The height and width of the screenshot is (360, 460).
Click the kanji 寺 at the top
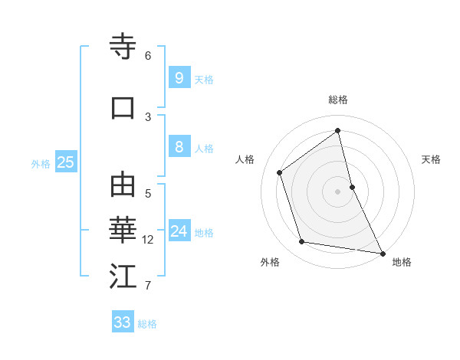tap(123, 47)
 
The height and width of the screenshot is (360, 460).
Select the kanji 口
tap(123, 107)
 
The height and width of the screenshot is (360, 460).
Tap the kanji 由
tap(123, 185)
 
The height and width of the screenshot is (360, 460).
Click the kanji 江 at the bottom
tap(123, 277)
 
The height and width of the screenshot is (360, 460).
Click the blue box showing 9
tap(179, 77)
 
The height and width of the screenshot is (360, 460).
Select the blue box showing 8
tap(179, 147)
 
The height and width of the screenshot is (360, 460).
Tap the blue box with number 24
tap(179, 231)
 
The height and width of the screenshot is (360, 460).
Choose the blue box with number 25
tap(65, 162)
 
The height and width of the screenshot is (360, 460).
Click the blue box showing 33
tap(123, 322)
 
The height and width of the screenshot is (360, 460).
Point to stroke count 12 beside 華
tap(148, 240)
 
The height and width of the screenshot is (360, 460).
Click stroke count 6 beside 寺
tap(148, 56)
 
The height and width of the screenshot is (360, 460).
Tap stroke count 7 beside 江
tap(148, 286)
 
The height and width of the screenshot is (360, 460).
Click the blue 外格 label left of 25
tap(41, 162)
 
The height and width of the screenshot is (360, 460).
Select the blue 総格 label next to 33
tap(147, 323)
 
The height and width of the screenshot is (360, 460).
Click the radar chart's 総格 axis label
tap(338, 100)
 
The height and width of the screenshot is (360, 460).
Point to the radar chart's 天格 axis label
tap(431, 159)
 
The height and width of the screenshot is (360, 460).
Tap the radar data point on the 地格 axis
tap(381, 253)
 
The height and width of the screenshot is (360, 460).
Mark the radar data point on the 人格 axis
tap(280, 172)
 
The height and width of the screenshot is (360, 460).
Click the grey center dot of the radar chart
tap(337, 191)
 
